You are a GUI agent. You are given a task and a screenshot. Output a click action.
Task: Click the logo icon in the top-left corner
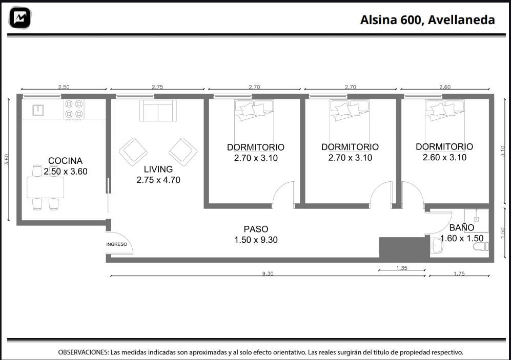coord(20,17)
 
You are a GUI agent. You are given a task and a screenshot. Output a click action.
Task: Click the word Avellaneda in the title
coord(461,20)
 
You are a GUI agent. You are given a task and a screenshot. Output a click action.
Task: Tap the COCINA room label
coord(65,161)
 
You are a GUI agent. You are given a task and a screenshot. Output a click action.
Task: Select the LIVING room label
coord(158,170)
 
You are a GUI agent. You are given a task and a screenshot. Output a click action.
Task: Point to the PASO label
coord(256,229)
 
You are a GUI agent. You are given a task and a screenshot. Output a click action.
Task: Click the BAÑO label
coord(461,227)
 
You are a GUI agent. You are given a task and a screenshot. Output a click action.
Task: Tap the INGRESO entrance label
coord(116,244)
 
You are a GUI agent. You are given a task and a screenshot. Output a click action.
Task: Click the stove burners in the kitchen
coord(74,109)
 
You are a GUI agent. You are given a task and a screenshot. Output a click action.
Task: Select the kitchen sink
coord(38,110)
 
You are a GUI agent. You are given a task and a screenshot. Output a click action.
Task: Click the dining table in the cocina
coord(45,187)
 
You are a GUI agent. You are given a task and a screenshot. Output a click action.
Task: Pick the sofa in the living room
coord(158,111)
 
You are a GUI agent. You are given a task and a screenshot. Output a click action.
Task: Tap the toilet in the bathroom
coord(481,247)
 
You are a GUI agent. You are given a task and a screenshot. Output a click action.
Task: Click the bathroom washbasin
coord(436,245)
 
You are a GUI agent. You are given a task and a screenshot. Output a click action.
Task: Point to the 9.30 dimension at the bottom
coord(268,273)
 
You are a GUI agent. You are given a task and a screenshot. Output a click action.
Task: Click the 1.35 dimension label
coord(402,268)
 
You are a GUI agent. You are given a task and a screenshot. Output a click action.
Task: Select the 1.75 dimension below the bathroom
coord(459,273)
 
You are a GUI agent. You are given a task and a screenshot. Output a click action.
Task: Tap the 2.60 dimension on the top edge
coord(445,87)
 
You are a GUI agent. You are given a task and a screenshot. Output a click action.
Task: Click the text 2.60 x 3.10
coord(444,158)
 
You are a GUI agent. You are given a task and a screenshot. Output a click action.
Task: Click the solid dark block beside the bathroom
coord(404,248)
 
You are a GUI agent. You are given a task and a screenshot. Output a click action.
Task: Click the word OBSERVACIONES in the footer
coord(84,352)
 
